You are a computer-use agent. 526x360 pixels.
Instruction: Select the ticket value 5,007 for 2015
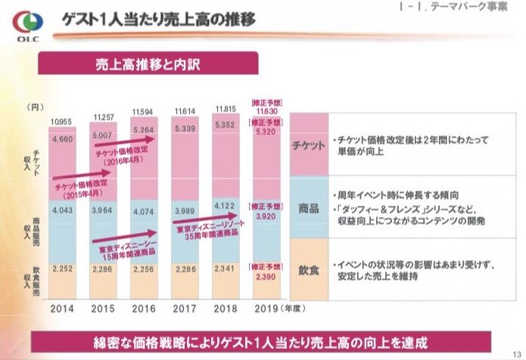click(x=104, y=135)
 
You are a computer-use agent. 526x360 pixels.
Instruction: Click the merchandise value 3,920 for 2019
click(x=267, y=216)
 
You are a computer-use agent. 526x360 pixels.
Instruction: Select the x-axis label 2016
click(x=145, y=309)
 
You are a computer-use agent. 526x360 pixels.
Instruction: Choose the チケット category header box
click(x=308, y=145)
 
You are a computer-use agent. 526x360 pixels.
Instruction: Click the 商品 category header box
click(x=308, y=207)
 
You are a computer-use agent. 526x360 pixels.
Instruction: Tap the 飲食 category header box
click(x=308, y=268)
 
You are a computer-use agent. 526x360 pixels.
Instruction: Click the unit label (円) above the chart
click(x=34, y=107)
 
